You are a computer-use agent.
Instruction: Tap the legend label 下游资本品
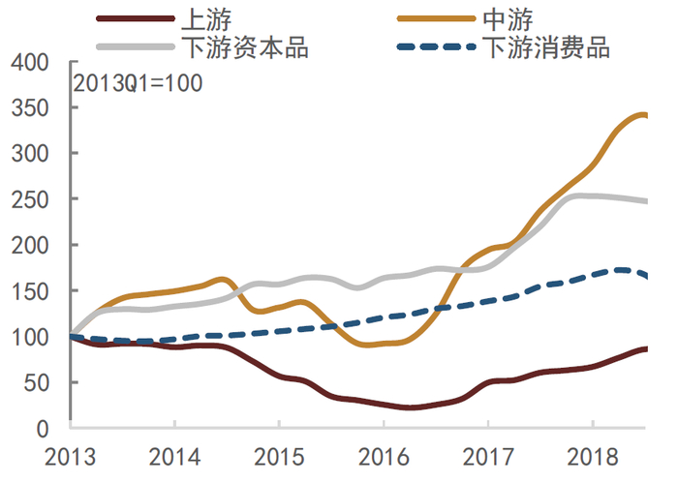point(244,46)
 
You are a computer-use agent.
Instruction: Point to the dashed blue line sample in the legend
point(436,46)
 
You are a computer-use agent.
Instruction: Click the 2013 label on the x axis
point(70,455)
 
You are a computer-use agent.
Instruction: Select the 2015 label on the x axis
point(279,455)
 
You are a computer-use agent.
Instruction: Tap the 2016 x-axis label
point(384,455)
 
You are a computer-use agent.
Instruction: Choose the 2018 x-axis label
point(593,455)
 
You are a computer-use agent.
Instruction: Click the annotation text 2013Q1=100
point(138,83)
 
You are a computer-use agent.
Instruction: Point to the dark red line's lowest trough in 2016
point(411,407)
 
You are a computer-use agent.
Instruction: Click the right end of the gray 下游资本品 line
point(646,201)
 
